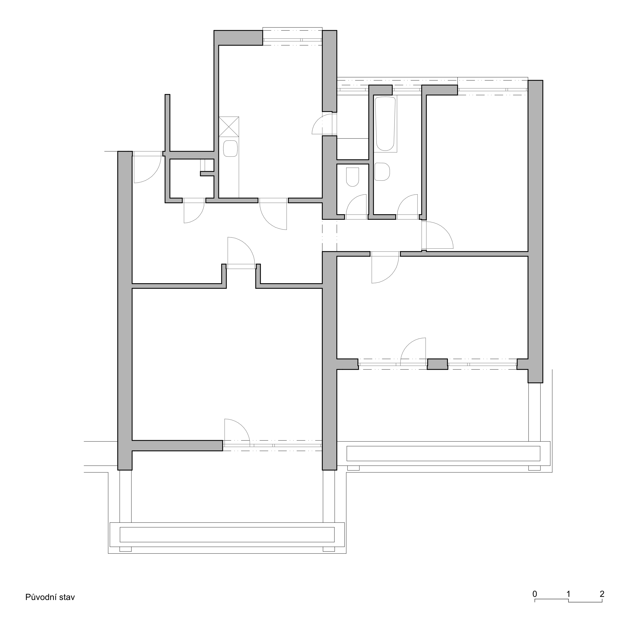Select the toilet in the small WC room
[x=353, y=177]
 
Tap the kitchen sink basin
[x=230, y=148]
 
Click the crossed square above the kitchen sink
[x=229, y=126]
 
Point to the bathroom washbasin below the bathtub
[x=382, y=171]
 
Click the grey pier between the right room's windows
[x=437, y=364]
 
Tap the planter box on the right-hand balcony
[x=443, y=453]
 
